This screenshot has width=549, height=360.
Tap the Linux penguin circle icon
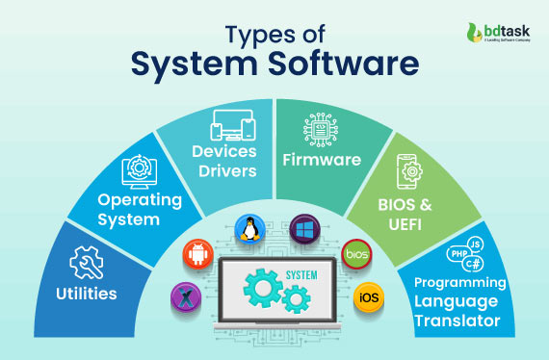click(x=248, y=230)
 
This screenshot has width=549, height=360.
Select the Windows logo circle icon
click(x=305, y=228)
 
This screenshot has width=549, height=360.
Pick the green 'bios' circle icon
click(x=355, y=253)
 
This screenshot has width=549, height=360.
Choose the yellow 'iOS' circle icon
click(x=368, y=296)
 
